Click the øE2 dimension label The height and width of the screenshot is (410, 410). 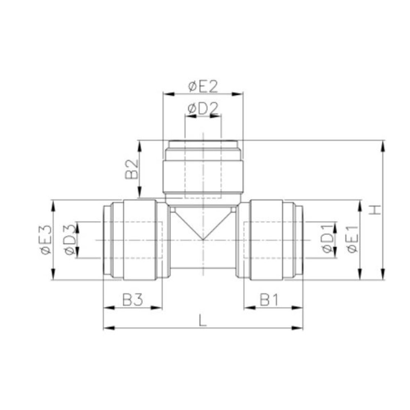pyautogui.click(x=203, y=87)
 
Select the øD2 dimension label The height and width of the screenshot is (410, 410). pyautogui.click(x=203, y=109)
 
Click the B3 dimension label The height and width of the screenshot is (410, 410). pyautogui.click(x=132, y=301)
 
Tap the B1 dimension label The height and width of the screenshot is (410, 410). pyautogui.click(x=269, y=301)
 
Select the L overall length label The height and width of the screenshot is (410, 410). pyautogui.click(x=202, y=320)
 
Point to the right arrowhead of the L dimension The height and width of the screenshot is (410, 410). pyautogui.click(x=298, y=328)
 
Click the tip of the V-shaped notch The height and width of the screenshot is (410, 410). pyautogui.click(x=203, y=240)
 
